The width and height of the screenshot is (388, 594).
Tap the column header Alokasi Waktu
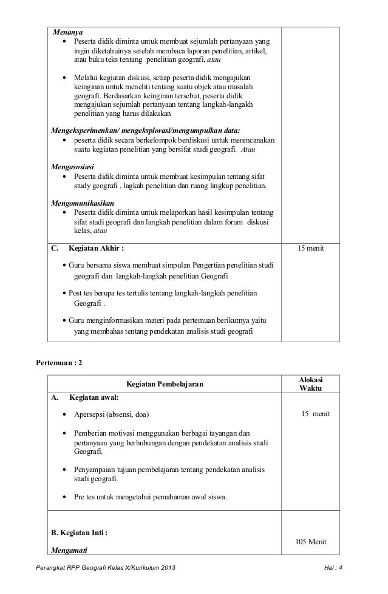pyautogui.click(x=311, y=383)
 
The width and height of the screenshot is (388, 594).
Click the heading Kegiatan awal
pyautogui.click(x=94, y=398)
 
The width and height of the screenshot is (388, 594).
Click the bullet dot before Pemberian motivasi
pyautogui.click(x=65, y=434)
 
